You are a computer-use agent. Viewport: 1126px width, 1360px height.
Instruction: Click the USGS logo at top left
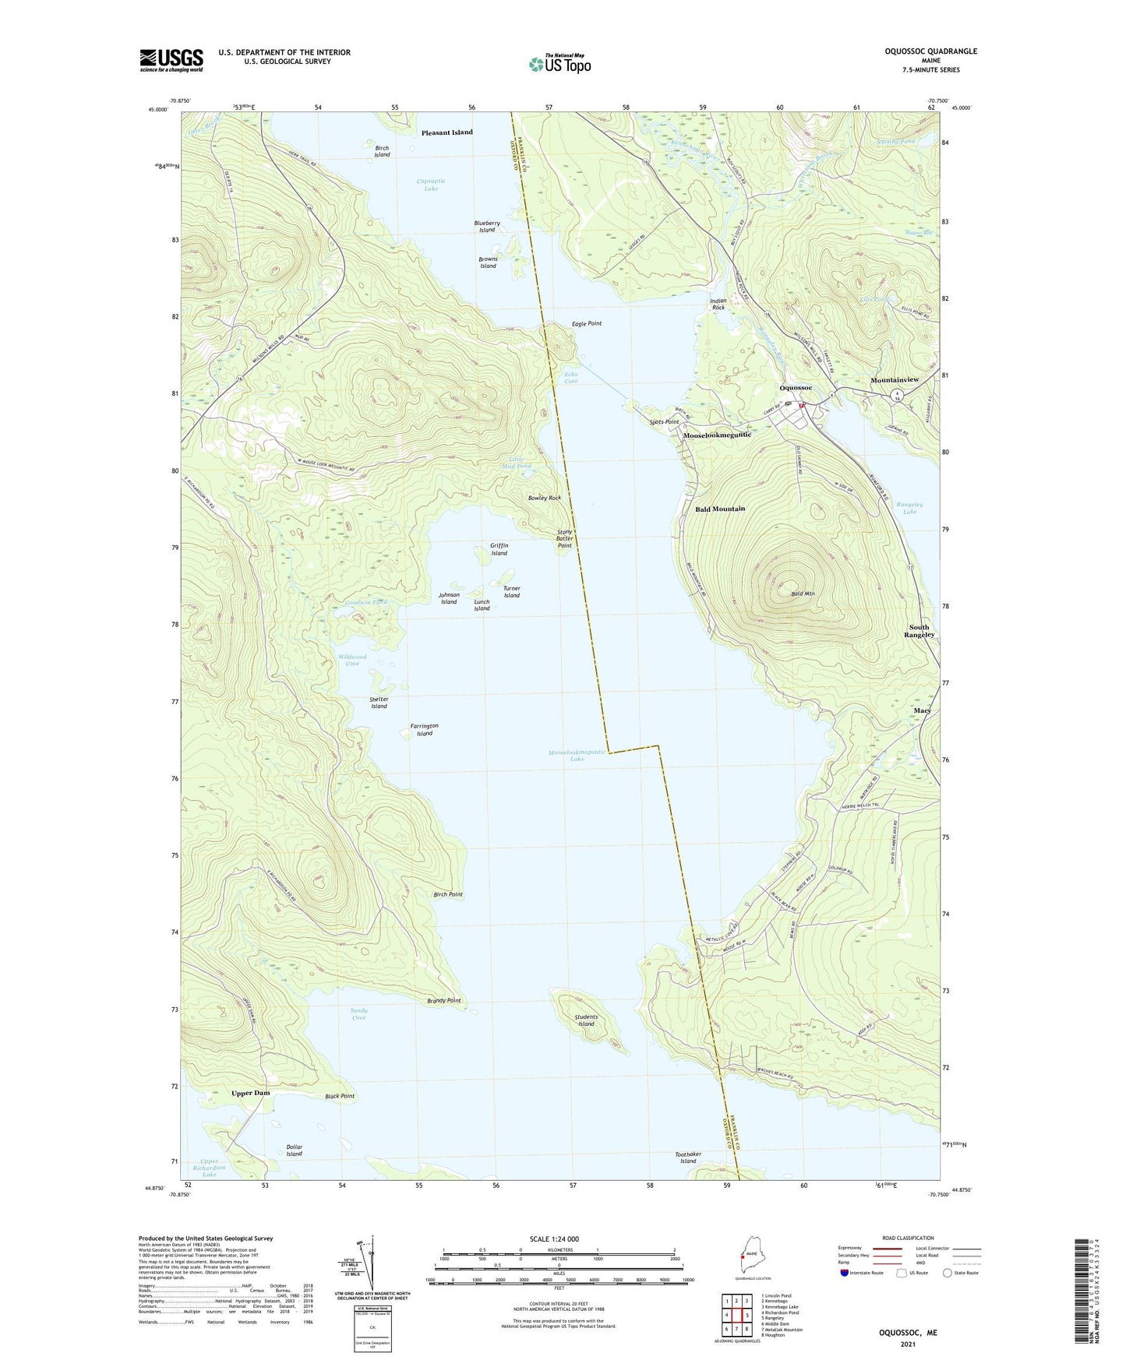(x=171, y=60)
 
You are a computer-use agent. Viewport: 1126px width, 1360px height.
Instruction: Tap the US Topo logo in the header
(x=559, y=64)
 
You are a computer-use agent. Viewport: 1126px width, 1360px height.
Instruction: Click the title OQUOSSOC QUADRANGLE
(x=930, y=51)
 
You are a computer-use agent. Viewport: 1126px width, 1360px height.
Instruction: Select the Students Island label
(x=586, y=1020)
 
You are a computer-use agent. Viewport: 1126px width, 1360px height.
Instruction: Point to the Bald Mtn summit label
(x=803, y=594)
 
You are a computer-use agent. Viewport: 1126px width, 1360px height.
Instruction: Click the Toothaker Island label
(x=688, y=1157)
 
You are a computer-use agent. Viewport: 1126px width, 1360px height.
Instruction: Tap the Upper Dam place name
(x=251, y=1093)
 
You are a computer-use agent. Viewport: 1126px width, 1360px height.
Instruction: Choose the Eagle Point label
(x=587, y=323)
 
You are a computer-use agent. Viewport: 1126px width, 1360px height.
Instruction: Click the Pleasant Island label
(x=447, y=132)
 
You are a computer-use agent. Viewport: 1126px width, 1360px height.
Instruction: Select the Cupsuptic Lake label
(x=432, y=185)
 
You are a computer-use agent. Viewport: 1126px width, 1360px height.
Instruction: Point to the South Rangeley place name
(x=919, y=631)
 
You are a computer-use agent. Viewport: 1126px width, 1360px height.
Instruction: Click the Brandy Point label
(x=444, y=1000)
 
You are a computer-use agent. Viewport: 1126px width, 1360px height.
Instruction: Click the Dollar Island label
(x=294, y=1150)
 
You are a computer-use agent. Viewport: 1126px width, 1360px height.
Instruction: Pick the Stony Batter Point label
(x=565, y=539)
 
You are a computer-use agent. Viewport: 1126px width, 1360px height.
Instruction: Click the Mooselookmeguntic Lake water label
(x=577, y=756)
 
